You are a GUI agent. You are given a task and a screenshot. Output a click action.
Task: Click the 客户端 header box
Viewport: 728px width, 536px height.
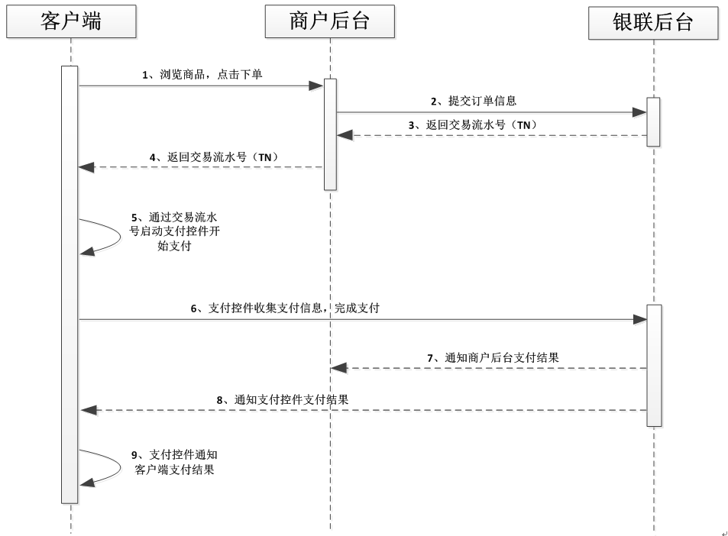click(x=70, y=22)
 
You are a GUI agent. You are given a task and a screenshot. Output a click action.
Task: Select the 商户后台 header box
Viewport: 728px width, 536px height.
click(x=330, y=22)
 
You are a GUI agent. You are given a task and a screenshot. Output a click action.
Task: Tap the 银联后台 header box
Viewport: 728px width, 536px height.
click(x=653, y=23)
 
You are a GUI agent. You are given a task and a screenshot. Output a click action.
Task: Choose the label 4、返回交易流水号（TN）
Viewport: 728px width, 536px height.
click(x=213, y=157)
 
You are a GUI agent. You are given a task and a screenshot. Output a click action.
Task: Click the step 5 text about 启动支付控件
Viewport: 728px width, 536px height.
click(x=176, y=231)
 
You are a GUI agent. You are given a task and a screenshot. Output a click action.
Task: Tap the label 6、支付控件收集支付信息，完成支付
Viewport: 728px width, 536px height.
click(x=285, y=308)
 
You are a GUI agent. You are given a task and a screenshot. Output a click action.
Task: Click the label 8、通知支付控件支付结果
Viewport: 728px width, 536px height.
click(x=283, y=399)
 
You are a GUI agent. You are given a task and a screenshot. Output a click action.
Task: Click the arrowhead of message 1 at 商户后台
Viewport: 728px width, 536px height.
click(x=316, y=86)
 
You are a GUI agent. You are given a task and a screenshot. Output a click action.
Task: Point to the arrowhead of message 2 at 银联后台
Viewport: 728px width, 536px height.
click(x=639, y=112)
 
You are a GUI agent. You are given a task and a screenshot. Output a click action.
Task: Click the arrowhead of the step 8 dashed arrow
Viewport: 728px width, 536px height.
click(x=88, y=410)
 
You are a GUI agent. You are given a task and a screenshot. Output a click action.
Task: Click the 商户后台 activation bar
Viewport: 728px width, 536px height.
click(x=330, y=134)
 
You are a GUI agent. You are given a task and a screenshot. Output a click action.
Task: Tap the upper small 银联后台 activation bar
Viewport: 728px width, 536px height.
click(x=653, y=121)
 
